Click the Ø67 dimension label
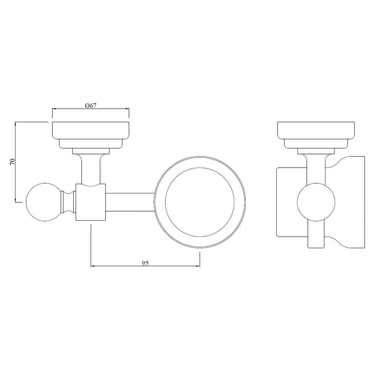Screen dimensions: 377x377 tap(91, 105)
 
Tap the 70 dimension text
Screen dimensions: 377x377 tap(12, 162)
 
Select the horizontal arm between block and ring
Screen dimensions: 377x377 tap(130, 202)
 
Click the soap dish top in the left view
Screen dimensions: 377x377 tap(90, 130)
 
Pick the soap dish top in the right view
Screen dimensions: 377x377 tap(316, 130)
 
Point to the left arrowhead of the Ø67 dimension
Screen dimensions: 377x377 tap(54, 109)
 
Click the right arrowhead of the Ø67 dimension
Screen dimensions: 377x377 tap(128, 109)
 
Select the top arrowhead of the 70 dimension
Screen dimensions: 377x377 tap(15, 124)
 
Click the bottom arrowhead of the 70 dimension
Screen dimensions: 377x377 tap(15, 200)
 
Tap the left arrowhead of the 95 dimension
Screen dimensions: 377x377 tap(93, 267)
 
